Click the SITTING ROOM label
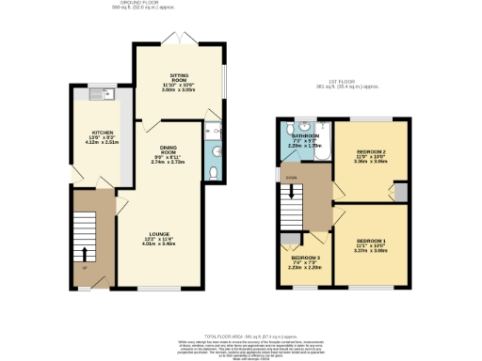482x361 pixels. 179,74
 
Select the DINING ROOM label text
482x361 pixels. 169,148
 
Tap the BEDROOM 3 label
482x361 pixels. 305,258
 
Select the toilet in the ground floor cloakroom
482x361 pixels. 215,173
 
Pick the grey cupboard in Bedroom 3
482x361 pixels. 285,239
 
